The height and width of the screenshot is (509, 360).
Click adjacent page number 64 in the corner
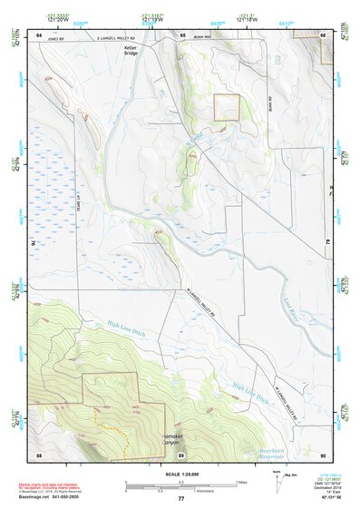(x=39, y=34)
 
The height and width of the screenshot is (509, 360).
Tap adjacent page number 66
(x=323, y=34)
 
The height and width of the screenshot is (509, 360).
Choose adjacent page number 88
(x=39, y=454)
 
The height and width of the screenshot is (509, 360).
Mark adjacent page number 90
(x=323, y=454)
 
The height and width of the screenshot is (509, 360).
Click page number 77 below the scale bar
(x=180, y=499)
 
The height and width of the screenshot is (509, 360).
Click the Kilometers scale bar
(x=180, y=488)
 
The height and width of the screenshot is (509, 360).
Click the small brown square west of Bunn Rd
(x=226, y=108)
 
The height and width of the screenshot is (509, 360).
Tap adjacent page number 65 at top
(x=181, y=34)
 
